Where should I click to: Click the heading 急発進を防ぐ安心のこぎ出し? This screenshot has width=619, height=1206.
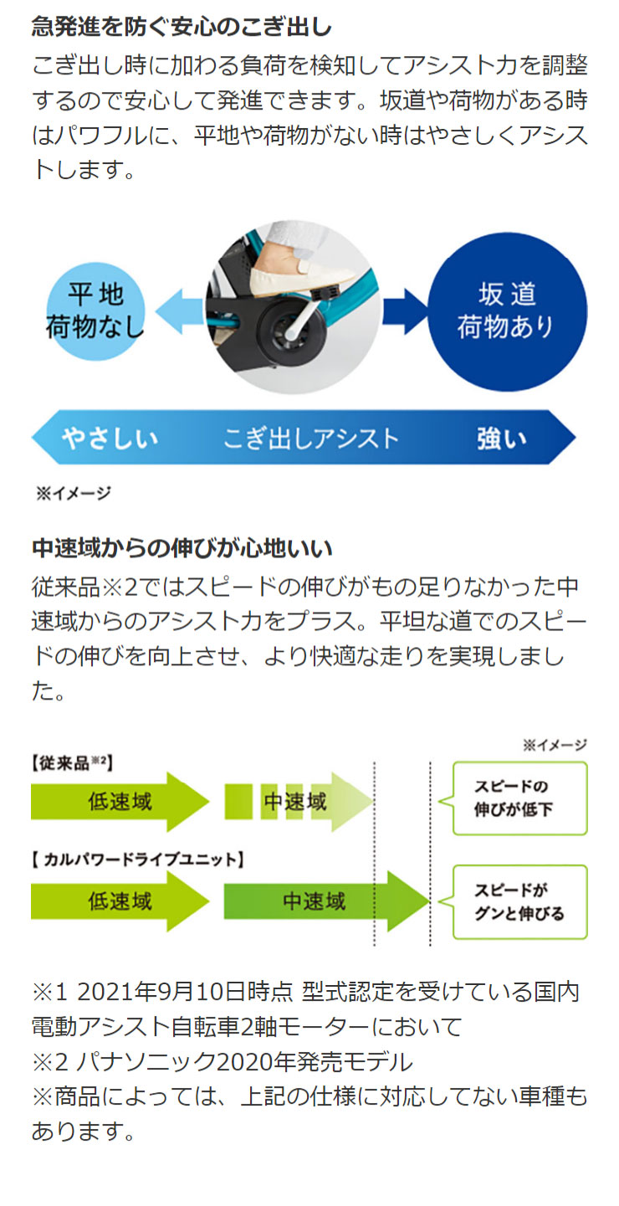(182, 27)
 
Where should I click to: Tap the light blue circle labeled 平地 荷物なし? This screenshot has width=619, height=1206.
(96, 311)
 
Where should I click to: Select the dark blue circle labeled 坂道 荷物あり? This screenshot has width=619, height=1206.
(507, 311)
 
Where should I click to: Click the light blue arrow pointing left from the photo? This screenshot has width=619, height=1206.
(180, 311)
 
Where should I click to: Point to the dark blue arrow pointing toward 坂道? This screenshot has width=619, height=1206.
(405, 311)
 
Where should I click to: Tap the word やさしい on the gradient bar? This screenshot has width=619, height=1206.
(110, 439)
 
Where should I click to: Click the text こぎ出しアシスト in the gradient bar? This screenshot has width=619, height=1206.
(310, 439)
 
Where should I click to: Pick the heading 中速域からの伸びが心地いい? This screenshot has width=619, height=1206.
(182, 548)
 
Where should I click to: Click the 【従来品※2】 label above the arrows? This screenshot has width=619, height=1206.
(72, 762)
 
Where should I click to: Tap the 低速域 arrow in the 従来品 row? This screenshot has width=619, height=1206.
(120, 802)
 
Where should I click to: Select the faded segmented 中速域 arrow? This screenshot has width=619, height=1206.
(299, 802)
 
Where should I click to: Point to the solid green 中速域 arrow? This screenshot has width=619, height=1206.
(327, 901)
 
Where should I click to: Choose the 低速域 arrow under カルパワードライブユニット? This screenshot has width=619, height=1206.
(120, 901)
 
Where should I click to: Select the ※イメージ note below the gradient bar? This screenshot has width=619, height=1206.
(74, 493)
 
